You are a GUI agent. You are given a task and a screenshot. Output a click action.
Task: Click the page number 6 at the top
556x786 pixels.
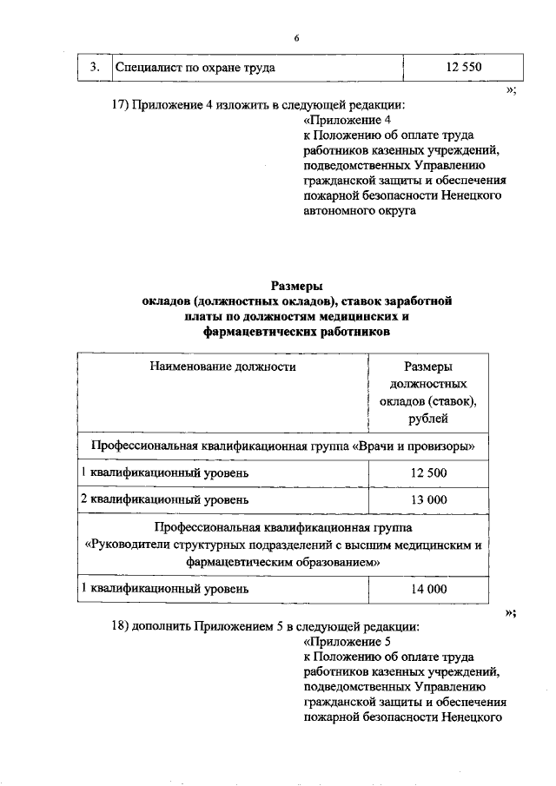(x=296, y=39)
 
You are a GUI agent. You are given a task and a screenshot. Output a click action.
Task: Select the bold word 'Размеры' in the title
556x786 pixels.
(x=296, y=285)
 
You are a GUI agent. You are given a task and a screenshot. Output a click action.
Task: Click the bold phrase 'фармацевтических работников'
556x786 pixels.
(x=296, y=332)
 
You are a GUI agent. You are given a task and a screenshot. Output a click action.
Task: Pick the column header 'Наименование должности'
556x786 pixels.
(x=222, y=367)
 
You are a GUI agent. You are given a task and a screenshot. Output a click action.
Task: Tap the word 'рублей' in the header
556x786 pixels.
(x=428, y=419)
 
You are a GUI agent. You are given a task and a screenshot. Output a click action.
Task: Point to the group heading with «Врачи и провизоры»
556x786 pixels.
(x=283, y=446)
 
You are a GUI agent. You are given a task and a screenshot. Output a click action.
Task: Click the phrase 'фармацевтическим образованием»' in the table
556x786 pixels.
(x=284, y=562)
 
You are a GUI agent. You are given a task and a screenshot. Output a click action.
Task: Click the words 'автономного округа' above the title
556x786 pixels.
(x=360, y=210)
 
